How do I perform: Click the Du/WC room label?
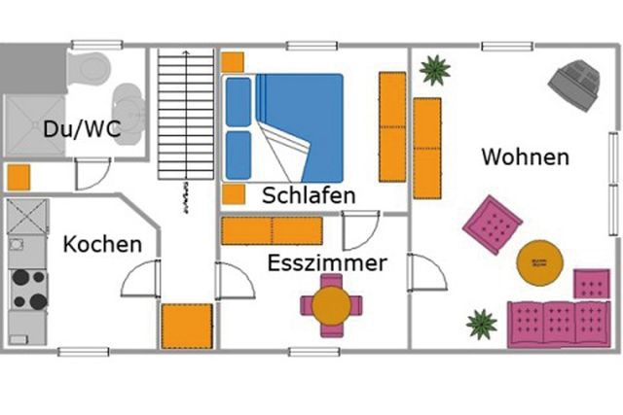click(x=82, y=128)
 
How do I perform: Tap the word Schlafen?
click(x=309, y=195)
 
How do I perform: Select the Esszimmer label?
click(x=327, y=262)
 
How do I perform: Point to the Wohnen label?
click(x=526, y=156)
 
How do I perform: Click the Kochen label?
click(x=102, y=243)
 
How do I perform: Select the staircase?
click(x=185, y=115)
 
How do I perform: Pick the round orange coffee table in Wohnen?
click(x=539, y=261)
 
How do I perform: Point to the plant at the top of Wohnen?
click(x=434, y=70)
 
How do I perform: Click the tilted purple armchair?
click(x=492, y=224)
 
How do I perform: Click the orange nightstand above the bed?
click(x=232, y=62)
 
